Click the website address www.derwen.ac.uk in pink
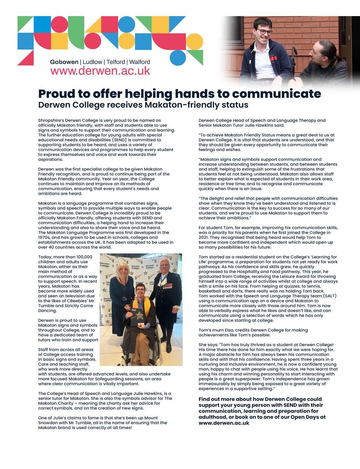100,71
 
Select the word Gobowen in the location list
64,62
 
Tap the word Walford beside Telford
139,62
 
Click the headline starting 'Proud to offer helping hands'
179,94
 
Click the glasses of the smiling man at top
265,32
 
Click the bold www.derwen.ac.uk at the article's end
224,423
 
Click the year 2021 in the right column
204,237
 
